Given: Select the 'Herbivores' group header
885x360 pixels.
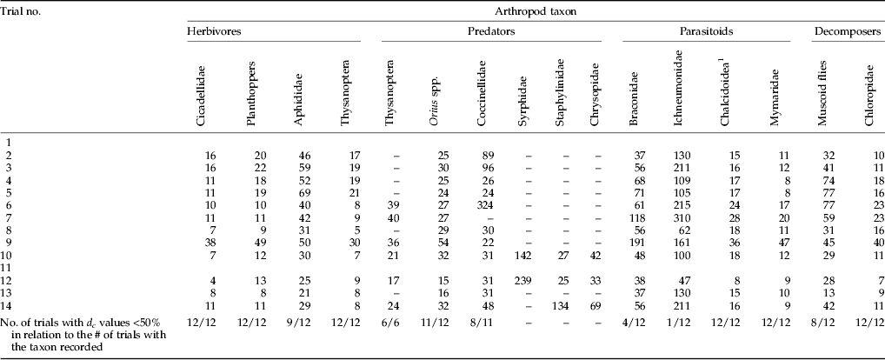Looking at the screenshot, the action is click(x=213, y=30).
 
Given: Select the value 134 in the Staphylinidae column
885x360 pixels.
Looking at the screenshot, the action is click(x=560, y=307).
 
